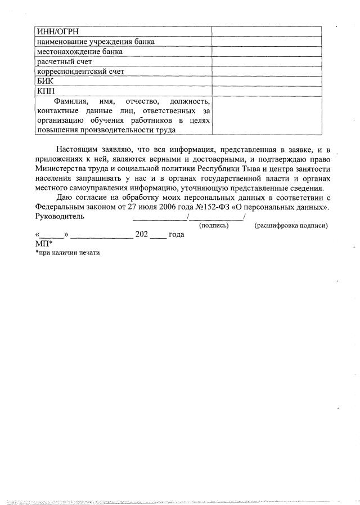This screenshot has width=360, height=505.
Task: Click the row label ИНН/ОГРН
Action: [57, 32]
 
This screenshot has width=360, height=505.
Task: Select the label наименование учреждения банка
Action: [96, 42]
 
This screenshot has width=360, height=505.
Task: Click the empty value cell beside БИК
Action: [266, 82]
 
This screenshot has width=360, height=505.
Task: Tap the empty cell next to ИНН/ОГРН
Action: [266, 32]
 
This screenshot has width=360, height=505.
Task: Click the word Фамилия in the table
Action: [66, 101]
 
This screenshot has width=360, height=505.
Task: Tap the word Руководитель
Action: [60, 216]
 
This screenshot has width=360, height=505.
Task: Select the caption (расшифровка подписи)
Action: [291, 225]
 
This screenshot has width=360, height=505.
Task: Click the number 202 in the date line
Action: [142, 235]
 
